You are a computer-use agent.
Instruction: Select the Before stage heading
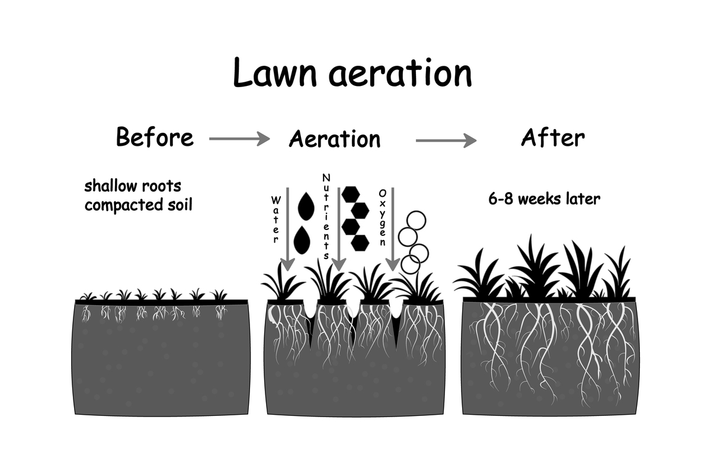coord(155,137)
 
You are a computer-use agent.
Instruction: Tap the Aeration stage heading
coord(335,139)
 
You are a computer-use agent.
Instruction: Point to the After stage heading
coord(553,137)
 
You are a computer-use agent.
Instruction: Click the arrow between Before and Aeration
coord(239,139)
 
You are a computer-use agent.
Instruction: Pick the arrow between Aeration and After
coord(446,140)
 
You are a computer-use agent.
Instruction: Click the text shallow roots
coord(133,186)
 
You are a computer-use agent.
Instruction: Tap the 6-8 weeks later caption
coord(544,198)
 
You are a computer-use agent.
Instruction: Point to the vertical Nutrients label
coord(326,217)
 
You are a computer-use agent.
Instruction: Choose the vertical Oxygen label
coord(382,218)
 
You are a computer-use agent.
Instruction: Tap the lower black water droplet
coord(302,239)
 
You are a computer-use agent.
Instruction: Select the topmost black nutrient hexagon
coord(351,194)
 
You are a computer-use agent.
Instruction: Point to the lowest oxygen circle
coord(410,264)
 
